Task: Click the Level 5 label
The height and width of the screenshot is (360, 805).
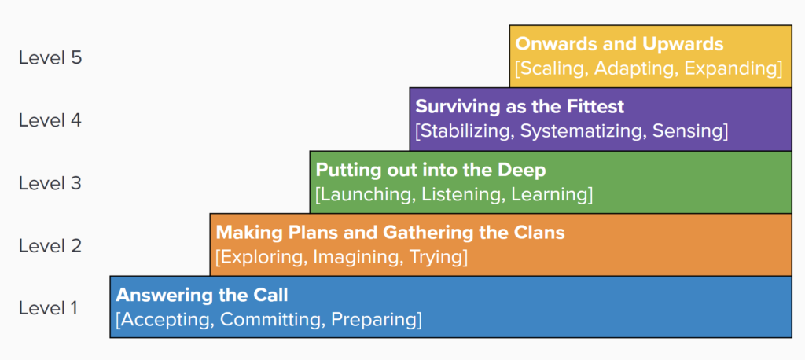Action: (x=50, y=57)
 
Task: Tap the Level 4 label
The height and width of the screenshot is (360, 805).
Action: (x=50, y=120)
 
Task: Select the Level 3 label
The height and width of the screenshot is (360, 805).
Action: (x=50, y=183)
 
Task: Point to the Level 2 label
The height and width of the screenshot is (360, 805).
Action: (x=50, y=246)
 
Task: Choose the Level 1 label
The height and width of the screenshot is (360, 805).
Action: (x=48, y=308)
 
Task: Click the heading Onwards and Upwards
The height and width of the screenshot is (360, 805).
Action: (x=619, y=44)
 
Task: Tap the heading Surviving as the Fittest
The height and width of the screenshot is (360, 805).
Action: (x=520, y=107)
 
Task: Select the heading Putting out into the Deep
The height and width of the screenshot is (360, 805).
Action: (x=430, y=170)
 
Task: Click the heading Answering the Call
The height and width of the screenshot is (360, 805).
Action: (x=202, y=295)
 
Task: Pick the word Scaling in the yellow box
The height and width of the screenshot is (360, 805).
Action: (x=552, y=69)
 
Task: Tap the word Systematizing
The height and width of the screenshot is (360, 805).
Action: (x=583, y=131)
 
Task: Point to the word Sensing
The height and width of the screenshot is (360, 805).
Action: (x=687, y=131)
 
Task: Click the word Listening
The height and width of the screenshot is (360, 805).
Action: (x=452, y=195)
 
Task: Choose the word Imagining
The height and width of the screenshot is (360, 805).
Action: (x=356, y=257)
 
